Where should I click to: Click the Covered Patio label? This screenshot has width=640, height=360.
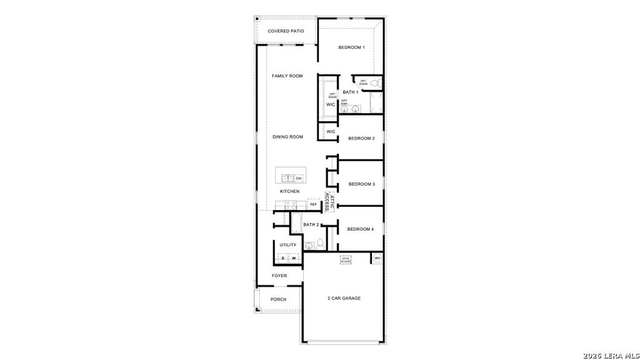tap(286, 31)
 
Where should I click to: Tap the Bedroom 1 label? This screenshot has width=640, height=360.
tap(351, 47)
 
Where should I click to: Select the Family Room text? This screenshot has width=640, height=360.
tap(287, 76)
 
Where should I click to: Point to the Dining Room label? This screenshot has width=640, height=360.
tap(287, 137)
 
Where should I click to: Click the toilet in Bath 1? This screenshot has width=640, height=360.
tap(375, 83)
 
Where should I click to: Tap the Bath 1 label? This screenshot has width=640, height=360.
tap(350, 92)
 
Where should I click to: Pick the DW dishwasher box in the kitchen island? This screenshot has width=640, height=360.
tap(299, 178)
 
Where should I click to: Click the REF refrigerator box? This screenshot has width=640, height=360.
tap(313, 204)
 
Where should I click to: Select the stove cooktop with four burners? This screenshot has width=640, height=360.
tap(291, 204)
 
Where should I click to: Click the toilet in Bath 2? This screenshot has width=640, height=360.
tap(319, 244)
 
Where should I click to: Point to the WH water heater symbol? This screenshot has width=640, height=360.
tap(377, 258)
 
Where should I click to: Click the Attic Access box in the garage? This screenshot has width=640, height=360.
tap(346, 259)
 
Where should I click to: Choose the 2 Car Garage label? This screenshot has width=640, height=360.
tap(344, 298)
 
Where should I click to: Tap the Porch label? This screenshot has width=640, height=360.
tap(278, 299)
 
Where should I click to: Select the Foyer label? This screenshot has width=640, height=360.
tap(279, 276)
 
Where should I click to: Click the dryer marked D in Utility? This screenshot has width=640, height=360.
tap(282, 258)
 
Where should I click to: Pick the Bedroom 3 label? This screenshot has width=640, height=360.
tap(361, 184)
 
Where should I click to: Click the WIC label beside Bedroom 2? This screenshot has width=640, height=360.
tap(331, 132)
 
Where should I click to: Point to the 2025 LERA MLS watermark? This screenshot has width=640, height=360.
tap(611, 355)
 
